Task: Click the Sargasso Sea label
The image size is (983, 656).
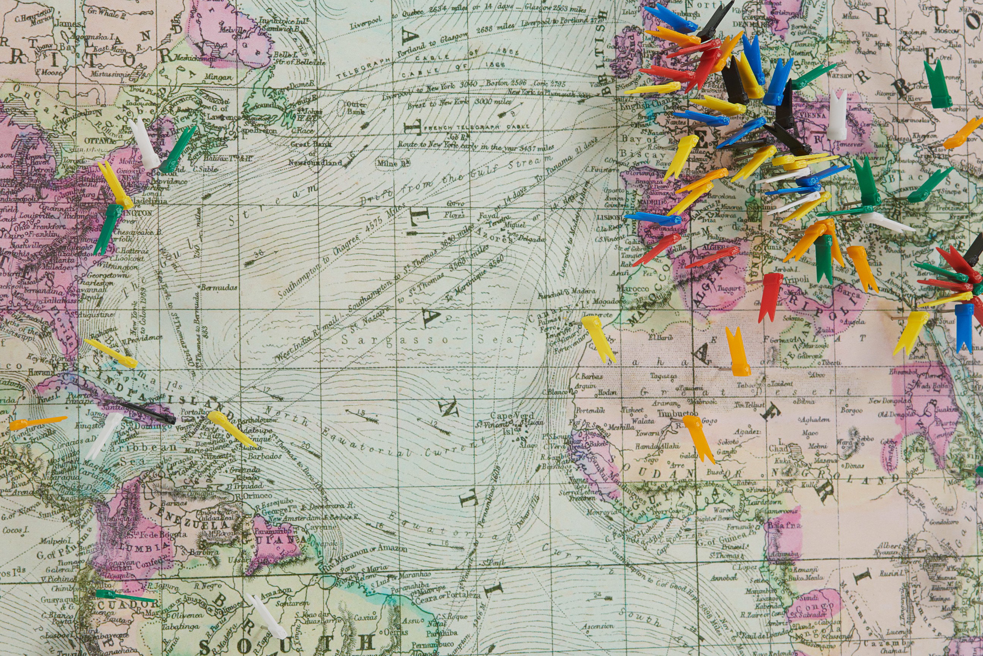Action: [426, 340]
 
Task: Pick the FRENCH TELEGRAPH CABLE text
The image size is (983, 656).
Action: [476, 127]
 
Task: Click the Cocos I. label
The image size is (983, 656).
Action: [16, 530]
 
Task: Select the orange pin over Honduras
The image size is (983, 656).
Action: [38, 423]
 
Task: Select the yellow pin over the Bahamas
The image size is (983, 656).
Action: [111, 353]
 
